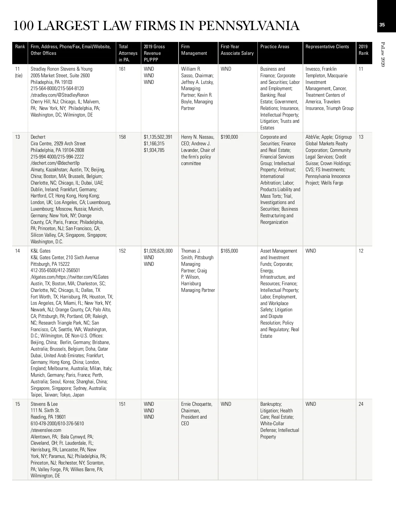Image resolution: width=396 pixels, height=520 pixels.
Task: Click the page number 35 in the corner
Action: pos(382,25)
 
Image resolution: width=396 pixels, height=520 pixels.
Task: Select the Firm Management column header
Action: pos(194,50)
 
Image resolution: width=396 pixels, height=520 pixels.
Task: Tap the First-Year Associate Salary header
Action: pos(237,50)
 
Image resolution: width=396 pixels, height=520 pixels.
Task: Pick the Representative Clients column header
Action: pos(327,47)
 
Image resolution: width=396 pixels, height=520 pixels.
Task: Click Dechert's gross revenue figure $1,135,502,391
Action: pos(158,137)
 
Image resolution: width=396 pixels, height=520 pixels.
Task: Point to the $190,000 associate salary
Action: pos(229,137)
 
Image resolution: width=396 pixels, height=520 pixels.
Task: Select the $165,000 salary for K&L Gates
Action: pos(229,251)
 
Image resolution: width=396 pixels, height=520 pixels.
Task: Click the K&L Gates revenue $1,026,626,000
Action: pos(158,251)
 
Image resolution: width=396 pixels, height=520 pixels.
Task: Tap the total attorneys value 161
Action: pos(122,69)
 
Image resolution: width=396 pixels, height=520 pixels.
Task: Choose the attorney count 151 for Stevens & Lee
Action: pos(122,404)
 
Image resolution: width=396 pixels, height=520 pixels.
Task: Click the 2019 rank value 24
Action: pos(361,404)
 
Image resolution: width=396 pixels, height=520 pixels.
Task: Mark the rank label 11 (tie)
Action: pos(18,72)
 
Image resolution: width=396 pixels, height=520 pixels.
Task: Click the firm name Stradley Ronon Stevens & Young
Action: pos(61,69)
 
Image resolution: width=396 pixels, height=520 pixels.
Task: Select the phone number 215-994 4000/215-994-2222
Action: pos(57,157)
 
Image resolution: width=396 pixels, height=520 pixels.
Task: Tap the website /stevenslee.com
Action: pos(46,430)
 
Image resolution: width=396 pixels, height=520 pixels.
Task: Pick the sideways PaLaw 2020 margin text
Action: pos(383,54)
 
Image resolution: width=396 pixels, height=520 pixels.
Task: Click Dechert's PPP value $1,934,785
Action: pos(154,150)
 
